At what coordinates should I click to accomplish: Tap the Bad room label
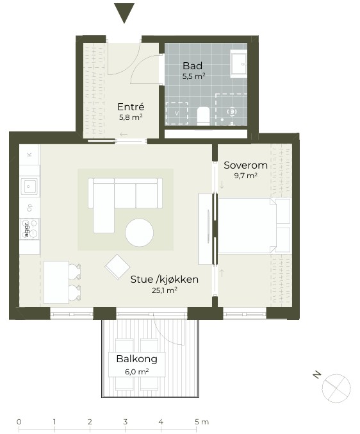pos(193,66)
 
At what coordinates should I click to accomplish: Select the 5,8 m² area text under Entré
pos(131,117)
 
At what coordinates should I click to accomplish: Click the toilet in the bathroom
pos(203,115)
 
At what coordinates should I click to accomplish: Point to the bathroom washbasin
pos(239,63)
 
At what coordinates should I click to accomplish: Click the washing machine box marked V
pos(177,113)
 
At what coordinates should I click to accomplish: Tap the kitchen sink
pos(30,186)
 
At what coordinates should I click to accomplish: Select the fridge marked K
pos(29,154)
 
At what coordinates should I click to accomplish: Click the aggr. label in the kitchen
pos(26,229)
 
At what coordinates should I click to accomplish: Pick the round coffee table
pos(139,233)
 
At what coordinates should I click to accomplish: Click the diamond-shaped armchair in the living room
pos(117,267)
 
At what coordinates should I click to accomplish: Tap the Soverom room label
pos(245,165)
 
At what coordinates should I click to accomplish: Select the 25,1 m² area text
pos(165,290)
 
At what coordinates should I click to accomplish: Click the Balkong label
pos(137,359)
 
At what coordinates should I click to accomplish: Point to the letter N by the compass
pos(317,375)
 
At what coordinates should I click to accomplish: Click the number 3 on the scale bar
pos(126,422)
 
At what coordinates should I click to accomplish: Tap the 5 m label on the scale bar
pos(202,422)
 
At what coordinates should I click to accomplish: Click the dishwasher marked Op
pos(29,208)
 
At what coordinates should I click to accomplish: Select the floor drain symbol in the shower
pos(232,112)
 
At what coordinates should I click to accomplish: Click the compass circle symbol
pos(336,388)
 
